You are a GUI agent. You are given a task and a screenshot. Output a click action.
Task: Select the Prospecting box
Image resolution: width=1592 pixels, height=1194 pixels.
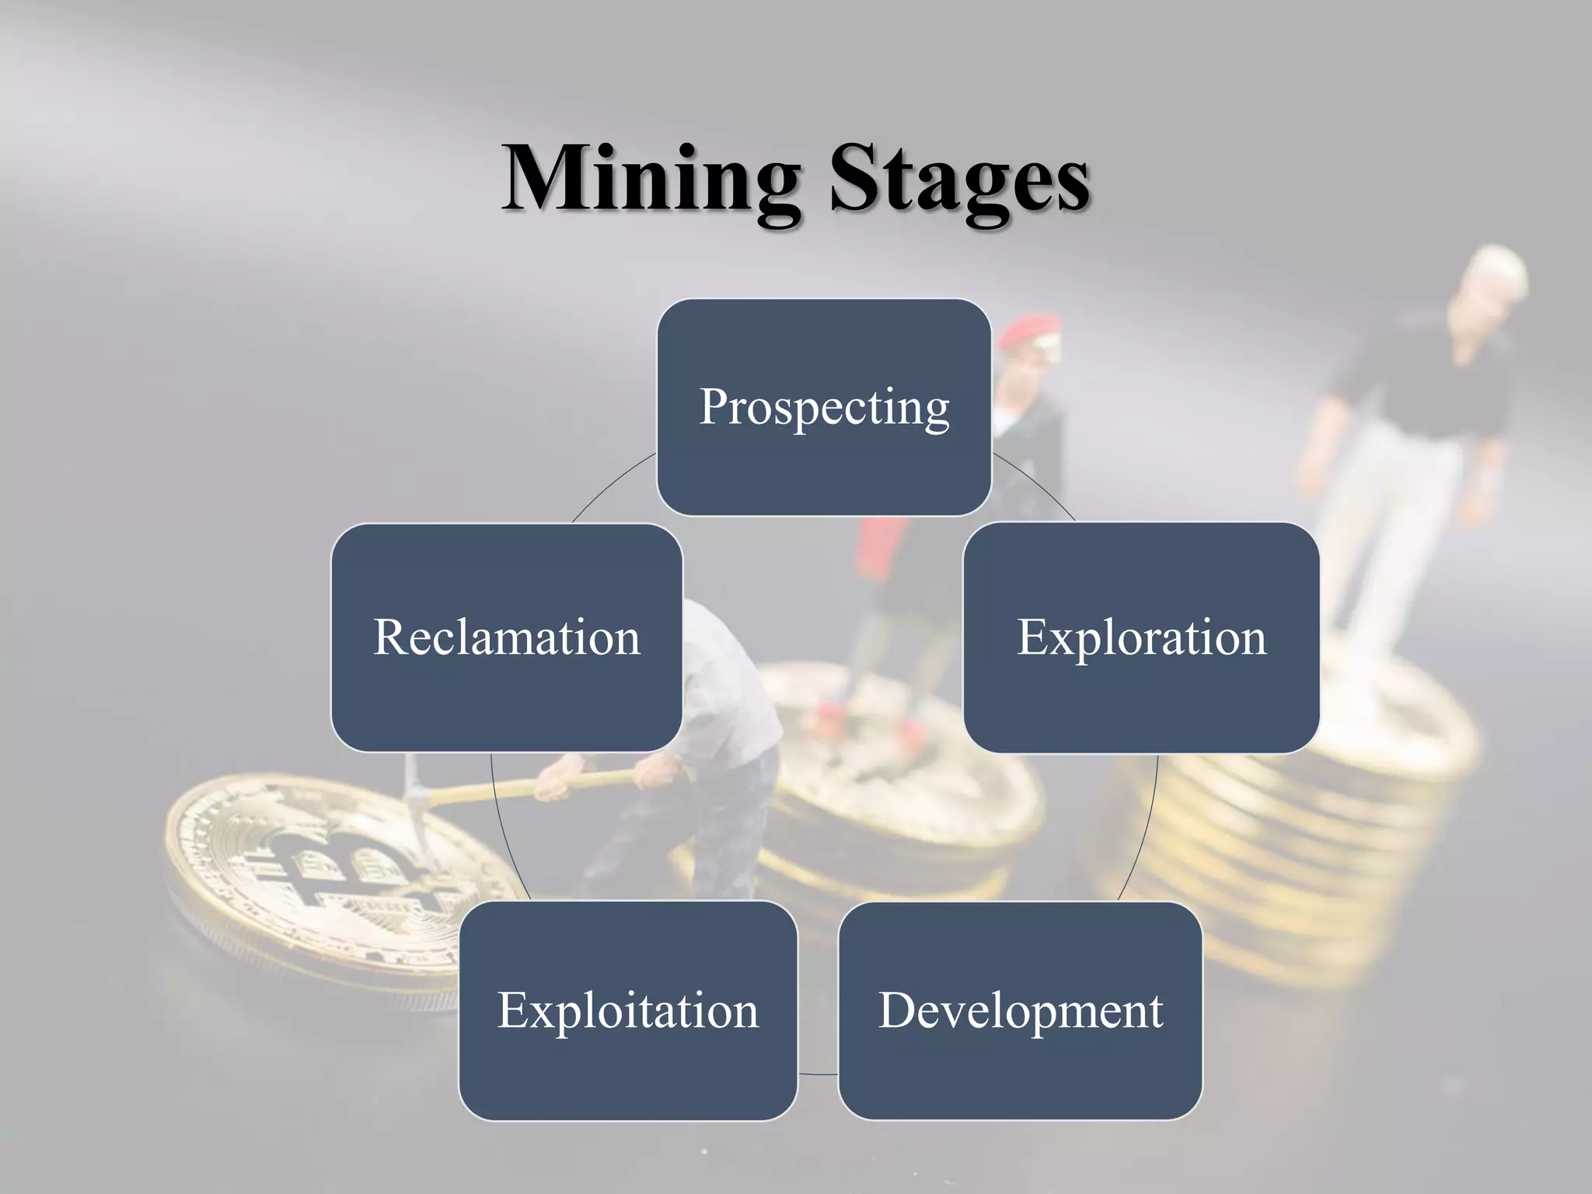[x=823, y=407]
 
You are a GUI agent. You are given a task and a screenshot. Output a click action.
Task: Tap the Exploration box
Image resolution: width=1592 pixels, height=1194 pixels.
[x=1141, y=637]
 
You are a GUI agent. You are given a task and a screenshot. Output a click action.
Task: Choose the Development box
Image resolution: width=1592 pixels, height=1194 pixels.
[x=1020, y=1011]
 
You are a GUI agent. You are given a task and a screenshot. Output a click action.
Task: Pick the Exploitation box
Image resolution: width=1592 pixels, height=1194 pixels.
[x=627, y=1011]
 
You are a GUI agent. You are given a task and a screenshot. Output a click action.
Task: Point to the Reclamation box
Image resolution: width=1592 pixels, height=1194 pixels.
[x=507, y=637]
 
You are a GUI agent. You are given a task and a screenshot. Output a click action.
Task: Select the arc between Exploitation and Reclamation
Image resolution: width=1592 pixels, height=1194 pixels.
[x=501, y=832]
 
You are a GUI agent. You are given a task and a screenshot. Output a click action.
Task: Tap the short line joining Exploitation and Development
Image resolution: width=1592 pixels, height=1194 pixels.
[x=818, y=1074]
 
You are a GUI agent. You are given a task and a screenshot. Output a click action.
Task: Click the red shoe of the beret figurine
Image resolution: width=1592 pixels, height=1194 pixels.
[x=832, y=711]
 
